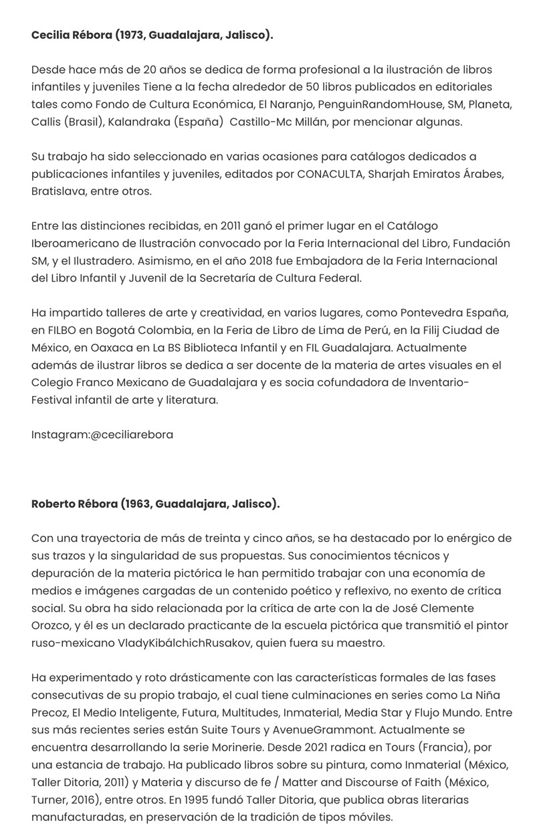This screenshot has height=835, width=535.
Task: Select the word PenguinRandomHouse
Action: [x=374, y=104]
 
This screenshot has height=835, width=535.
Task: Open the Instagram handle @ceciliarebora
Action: [x=131, y=435]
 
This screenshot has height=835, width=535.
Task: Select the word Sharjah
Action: [x=395, y=174]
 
